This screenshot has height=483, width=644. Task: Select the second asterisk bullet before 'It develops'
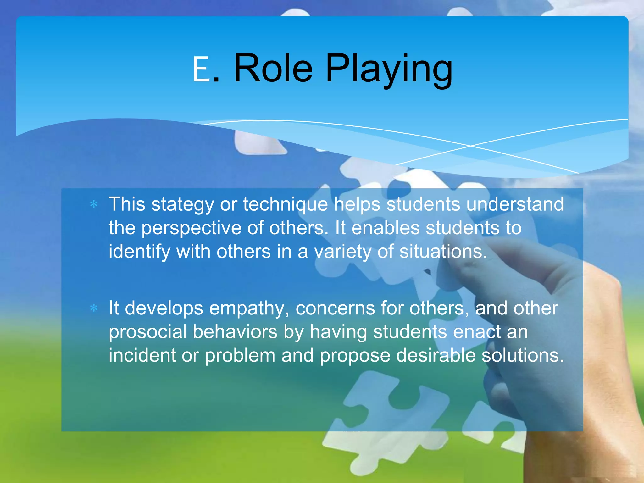pyautogui.click(x=94, y=308)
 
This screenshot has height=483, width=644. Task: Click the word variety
pyautogui.click(x=343, y=252)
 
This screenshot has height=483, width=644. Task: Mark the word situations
pyautogui.click(x=443, y=252)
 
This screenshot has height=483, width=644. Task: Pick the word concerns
pyautogui.click(x=335, y=308)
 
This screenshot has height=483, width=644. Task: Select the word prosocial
pyautogui.click(x=147, y=332)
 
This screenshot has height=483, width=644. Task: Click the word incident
pyautogui.click(x=142, y=355)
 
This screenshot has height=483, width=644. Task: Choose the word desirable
pyautogui.click(x=436, y=355)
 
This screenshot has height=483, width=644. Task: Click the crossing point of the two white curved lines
pyautogui.click(x=471, y=146)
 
